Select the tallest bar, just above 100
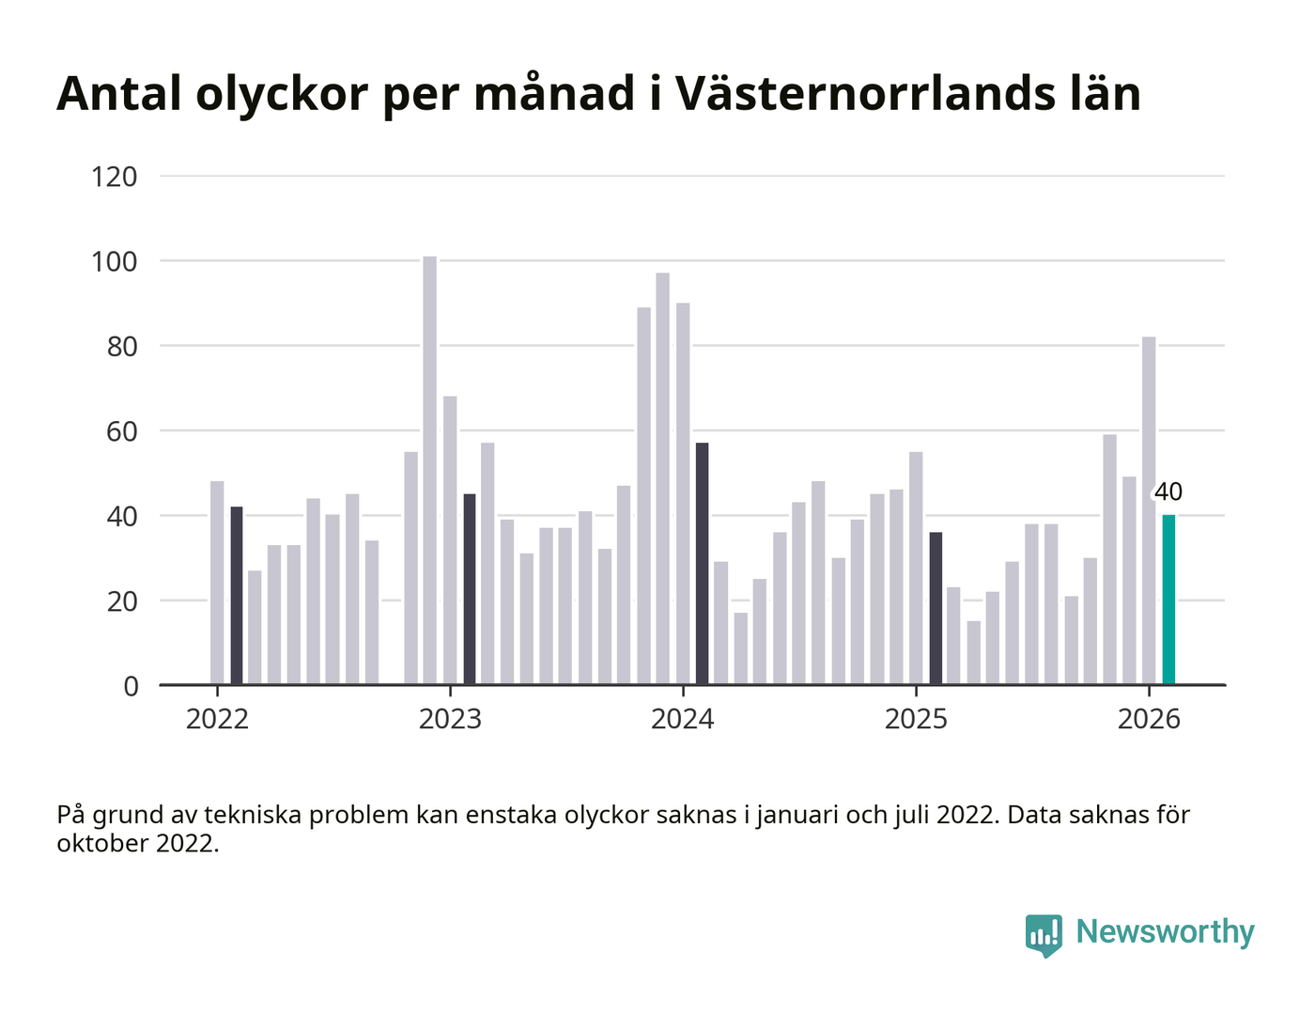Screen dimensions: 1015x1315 [429, 470]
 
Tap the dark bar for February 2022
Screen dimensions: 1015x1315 [237, 596]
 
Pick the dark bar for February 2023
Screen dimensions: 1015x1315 [470, 589]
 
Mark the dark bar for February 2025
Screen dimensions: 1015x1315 [936, 608]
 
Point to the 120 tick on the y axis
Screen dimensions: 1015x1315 [115, 177]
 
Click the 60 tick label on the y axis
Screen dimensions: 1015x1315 [122, 431]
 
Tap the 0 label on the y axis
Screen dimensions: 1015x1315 [131, 686]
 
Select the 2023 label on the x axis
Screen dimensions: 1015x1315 [450, 719]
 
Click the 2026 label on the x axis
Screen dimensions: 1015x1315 [1149, 719]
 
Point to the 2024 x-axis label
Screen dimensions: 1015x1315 [683, 719]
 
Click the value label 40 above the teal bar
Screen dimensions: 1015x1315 [1168, 492]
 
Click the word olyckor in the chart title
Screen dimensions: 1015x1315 [278, 93]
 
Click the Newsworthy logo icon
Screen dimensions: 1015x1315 [1044, 934]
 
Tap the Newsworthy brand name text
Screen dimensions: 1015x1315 [1165, 931]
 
